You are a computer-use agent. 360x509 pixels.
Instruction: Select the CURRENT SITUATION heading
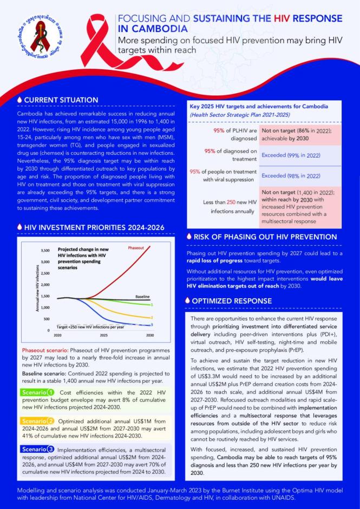tap(61, 100)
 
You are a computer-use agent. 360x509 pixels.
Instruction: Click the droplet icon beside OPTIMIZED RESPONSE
tap(187, 301)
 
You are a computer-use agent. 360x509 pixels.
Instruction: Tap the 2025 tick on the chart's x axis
tap(103, 336)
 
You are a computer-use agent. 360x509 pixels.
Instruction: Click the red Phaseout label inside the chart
tap(136, 247)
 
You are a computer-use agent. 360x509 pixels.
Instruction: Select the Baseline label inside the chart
tap(142, 296)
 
